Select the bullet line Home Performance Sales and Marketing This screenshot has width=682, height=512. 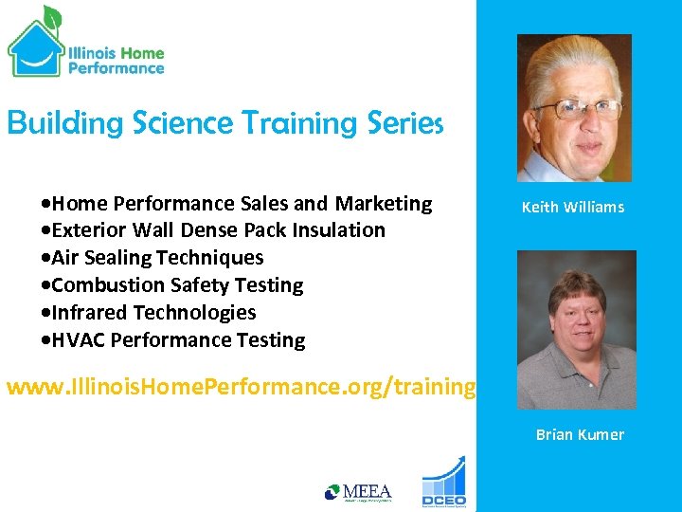coord(238,203)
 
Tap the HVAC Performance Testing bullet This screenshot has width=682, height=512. coord(174,339)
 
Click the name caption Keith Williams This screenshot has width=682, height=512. coord(573,207)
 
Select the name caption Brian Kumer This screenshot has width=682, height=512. coord(580,434)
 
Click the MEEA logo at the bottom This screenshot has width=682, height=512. coord(358,492)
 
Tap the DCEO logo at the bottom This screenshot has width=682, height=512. coord(443,484)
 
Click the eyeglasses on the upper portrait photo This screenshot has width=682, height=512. coord(572,107)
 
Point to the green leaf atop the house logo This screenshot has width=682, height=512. coord(51,16)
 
